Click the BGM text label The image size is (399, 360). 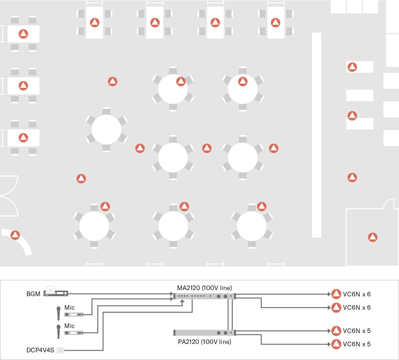click(33, 294)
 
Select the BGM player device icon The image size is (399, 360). click(56, 292)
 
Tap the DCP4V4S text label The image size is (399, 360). click(40, 350)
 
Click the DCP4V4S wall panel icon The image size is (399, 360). click(61, 350)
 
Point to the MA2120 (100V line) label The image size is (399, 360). click(204, 288)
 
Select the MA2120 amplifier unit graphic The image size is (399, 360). click(204, 296)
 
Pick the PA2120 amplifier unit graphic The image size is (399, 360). click(204, 333)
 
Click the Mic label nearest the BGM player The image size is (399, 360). click(69, 308)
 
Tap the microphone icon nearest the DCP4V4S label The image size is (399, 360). click(59, 331)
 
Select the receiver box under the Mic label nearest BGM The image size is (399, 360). click(74, 314)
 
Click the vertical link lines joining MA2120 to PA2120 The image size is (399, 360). click(230, 314)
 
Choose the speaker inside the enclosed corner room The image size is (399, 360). click(373, 237)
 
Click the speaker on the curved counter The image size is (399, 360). click(15, 235)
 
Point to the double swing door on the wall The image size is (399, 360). click(8, 196)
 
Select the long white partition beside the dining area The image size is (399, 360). click(317, 135)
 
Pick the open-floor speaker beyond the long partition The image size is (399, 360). click(352, 177)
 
